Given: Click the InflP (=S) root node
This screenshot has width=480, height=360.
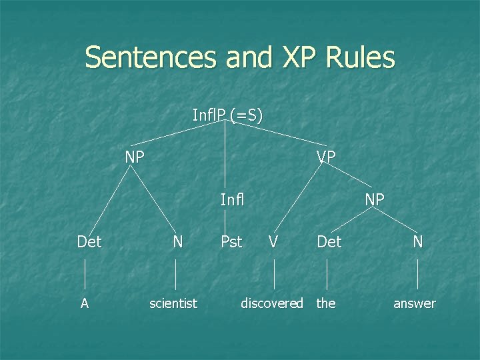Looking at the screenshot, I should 227,115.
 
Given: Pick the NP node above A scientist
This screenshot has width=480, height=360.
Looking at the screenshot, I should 135,157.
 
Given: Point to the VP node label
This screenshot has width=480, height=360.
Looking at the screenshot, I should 326,157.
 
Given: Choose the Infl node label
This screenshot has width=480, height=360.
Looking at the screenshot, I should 232,199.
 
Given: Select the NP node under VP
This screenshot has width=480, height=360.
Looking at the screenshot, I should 374,199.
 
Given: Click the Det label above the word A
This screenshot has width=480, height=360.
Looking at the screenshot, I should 89,241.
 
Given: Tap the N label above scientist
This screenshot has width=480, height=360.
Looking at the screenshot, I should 177,241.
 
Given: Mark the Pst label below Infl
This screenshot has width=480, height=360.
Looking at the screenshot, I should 231,241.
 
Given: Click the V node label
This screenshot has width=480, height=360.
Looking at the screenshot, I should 273,241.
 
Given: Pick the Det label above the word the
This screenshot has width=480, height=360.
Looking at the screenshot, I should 329,241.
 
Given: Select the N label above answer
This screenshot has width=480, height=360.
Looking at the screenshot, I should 418,241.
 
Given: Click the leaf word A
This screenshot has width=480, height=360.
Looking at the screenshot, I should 85,303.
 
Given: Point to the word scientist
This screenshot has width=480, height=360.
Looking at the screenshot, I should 173,303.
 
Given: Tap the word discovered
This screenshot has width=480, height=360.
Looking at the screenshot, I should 272,303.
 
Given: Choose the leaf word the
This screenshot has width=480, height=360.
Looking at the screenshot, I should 326,303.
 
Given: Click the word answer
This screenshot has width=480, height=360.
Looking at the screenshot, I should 415,303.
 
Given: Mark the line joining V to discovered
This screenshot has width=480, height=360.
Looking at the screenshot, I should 275,273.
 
